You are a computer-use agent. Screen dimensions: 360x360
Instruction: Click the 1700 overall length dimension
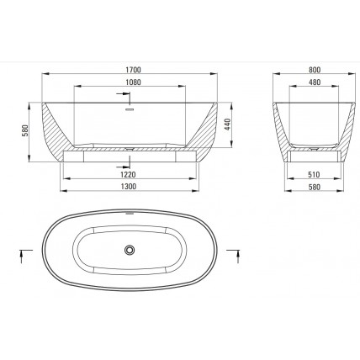(133, 70)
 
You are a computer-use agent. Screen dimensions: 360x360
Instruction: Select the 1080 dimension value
(133, 82)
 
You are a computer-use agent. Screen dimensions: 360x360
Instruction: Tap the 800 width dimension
(315, 70)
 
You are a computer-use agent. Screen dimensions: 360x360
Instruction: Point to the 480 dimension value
(315, 82)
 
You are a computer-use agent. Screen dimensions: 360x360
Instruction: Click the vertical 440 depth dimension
(227, 124)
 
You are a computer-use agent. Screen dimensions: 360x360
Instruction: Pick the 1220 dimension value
(128, 174)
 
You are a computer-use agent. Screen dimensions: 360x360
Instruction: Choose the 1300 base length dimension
(129, 187)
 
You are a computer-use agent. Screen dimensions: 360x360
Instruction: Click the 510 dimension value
(314, 174)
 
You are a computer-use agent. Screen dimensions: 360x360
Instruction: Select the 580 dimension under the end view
(314, 187)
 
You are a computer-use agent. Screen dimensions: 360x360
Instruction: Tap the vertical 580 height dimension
(25, 130)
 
